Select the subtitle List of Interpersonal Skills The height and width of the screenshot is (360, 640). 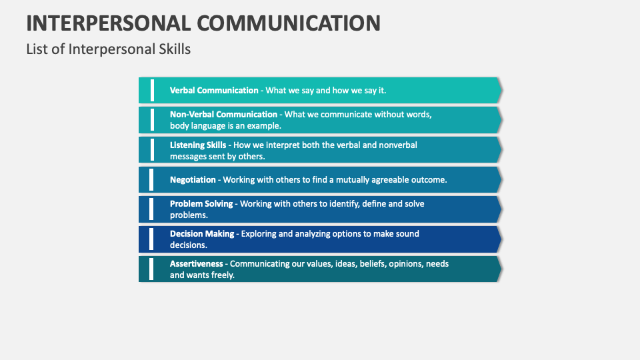[x=108, y=49]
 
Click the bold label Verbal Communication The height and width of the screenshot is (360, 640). [x=213, y=90]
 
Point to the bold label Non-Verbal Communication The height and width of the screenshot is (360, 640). [x=223, y=114]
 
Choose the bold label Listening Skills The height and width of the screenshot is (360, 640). [x=198, y=145]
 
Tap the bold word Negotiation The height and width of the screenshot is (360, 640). [x=193, y=179]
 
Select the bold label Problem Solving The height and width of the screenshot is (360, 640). [x=201, y=203]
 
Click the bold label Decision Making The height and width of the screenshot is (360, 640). [x=202, y=233]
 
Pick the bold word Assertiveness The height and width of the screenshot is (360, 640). [x=196, y=263]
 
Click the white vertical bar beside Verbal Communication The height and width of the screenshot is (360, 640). [x=152, y=90]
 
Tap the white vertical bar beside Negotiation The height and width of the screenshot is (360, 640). [x=152, y=179]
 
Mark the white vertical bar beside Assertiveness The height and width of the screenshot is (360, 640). [x=152, y=269]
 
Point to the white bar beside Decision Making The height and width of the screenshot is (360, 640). [x=152, y=239]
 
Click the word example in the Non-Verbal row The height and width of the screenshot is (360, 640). [x=263, y=125]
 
